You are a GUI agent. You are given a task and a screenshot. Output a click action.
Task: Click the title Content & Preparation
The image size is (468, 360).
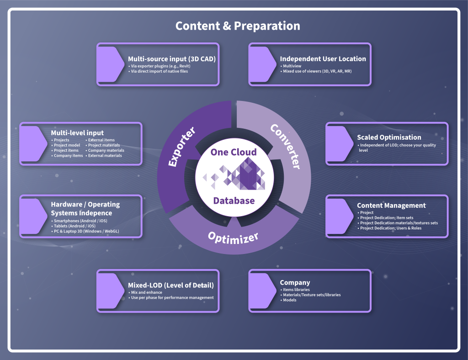238,26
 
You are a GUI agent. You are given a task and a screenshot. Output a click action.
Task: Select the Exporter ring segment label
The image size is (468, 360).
182,147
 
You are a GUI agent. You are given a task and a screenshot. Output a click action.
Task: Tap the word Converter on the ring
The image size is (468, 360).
285,146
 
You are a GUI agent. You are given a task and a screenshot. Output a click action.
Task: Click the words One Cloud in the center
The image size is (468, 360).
234,152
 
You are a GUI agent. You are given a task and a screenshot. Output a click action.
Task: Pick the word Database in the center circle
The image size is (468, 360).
234,201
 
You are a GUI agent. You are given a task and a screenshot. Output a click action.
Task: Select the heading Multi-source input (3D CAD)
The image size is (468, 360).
172,59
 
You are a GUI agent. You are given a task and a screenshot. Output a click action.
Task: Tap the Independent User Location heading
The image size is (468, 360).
323,59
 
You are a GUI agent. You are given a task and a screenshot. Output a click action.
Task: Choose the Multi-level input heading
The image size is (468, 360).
77,133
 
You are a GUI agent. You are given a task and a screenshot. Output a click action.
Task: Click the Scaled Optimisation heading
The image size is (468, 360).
389,137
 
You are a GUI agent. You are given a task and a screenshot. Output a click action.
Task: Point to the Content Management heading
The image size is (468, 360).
391,206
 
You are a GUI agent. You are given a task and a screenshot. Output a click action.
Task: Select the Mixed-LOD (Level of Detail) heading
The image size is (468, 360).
171,286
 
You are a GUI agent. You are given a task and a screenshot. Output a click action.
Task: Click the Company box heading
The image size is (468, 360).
295,282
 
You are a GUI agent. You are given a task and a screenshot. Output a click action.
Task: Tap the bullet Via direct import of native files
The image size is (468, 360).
158,71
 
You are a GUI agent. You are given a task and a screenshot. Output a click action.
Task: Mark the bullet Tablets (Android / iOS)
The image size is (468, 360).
74,226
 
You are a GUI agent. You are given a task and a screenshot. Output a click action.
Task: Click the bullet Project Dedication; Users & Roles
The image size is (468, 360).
389,228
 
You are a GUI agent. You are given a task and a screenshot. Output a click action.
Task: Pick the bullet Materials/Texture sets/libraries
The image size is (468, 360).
310,295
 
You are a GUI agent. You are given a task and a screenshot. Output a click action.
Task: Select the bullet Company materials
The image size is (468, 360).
105,150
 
